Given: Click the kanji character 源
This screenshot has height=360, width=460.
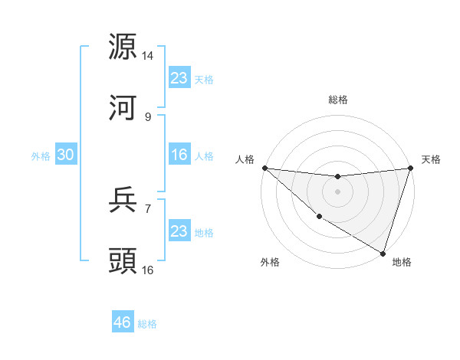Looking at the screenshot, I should pyautogui.click(x=123, y=47).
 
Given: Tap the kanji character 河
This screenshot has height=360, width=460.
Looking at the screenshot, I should pyautogui.click(x=123, y=108).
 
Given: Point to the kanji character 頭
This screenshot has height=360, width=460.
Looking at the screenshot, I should pyautogui.click(x=123, y=261).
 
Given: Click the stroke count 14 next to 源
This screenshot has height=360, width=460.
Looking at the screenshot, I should pyautogui.click(x=148, y=56).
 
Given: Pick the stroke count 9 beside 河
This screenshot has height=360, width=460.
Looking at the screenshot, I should pyautogui.click(x=148, y=116).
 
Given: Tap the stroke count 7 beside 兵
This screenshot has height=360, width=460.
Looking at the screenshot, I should pyautogui.click(x=148, y=208).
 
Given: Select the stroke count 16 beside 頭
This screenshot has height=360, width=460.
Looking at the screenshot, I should pyautogui.click(x=148, y=270).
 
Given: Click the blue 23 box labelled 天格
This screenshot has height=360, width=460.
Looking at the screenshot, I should pyautogui.click(x=179, y=78).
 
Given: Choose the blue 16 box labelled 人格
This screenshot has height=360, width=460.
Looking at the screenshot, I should pyautogui.click(x=179, y=155).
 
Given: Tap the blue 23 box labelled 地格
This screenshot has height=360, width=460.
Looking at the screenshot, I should pyautogui.click(x=179, y=231).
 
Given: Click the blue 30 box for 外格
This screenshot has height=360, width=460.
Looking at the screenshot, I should pyautogui.click(x=65, y=155).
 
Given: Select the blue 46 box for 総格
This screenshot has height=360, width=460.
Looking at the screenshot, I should pyautogui.click(x=123, y=322).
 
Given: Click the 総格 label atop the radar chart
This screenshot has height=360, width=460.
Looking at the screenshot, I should pyautogui.click(x=337, y=100).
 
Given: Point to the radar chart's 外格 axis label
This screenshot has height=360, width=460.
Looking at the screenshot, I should pyautogui.click(x=270, y=262).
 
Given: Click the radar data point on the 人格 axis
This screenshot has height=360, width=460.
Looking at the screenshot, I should pyautogui.click(x=264, y=168).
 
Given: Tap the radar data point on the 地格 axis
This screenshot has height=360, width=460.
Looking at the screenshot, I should pyautogui.click(x=383, y=253).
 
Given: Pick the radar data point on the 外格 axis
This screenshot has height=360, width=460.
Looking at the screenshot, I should pyautogui.click(x=319, y=217).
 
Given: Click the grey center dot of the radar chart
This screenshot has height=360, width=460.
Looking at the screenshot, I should pyautogui.click(x=337, y=191).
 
